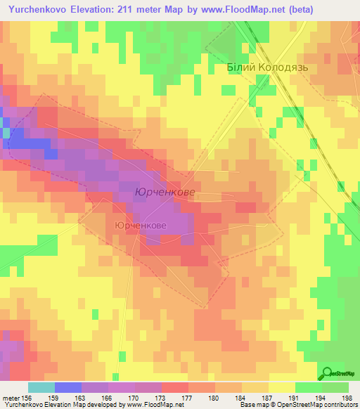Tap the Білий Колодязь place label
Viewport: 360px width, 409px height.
[268, 68]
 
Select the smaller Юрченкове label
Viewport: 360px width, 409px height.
[140, 226]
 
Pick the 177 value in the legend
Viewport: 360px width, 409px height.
[188, 398]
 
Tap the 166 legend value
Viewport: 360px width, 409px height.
[108, 398]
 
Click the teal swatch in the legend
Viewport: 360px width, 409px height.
[41, 387]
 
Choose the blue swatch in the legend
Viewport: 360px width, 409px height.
[67, 387]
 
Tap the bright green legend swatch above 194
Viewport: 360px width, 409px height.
[308, 387]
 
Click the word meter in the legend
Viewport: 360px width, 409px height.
[11, 398]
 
